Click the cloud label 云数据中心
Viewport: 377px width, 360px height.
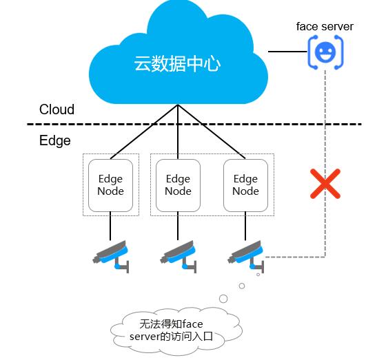[x=177, y=63]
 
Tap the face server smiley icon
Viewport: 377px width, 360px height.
[x=325, y=52]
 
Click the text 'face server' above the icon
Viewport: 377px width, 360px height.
[x=325, y=26]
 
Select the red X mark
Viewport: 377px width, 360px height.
[x=325, y=184]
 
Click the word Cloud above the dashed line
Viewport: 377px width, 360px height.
[x=57, y=109]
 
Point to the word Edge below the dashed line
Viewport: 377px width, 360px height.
[x=55, y=140]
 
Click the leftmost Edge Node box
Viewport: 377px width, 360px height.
[x=110, y=185]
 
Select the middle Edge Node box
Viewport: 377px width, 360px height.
[x=178, y=185]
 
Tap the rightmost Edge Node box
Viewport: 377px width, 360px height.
[x=245, y=185]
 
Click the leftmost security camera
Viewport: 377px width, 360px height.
[x=112, y=256]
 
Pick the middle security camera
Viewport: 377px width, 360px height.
[x=179, y=256]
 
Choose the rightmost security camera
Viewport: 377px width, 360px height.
[x=246, y=256]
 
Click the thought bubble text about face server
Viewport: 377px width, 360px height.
[x=171, y=330]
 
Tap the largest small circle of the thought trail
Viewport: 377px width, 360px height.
[x=223, y=299]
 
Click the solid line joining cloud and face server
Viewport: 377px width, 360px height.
[x=287, y=51]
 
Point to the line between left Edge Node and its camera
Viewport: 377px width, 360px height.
[x=110, y=226]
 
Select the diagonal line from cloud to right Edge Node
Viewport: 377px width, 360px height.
[x=212, y=131]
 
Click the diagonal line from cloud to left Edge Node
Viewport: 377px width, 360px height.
[x=144, y=131]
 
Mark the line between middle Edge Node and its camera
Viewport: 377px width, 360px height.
[x=178, y=226]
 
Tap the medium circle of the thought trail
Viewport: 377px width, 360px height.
[x=242, y=286]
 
